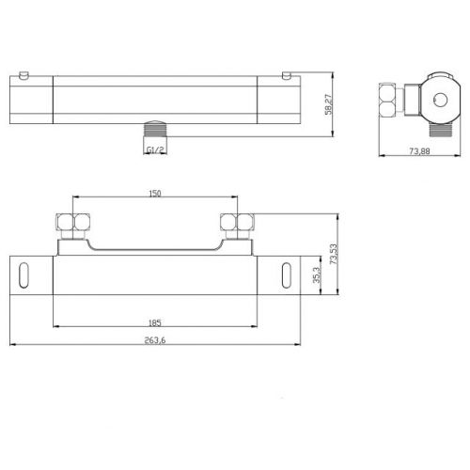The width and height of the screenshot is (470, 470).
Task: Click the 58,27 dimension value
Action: (x=329, y=104)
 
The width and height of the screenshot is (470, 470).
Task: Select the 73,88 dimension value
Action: (x=419, y=151)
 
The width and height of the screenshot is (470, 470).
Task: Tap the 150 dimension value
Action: (x=155, y=194)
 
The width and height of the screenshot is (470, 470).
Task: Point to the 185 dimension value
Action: (x=155, y=322)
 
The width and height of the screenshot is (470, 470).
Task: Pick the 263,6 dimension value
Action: (x=155, y=340)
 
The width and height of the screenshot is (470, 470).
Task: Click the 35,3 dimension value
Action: (x=317, y=275)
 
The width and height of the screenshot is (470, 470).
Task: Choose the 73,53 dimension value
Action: (x=334, y=254)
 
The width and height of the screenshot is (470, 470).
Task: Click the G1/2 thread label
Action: (x=155, y=150)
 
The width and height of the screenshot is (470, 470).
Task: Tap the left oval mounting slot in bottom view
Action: (x=23, y=275)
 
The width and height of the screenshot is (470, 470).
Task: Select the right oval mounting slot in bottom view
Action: (x=287, y=275)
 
